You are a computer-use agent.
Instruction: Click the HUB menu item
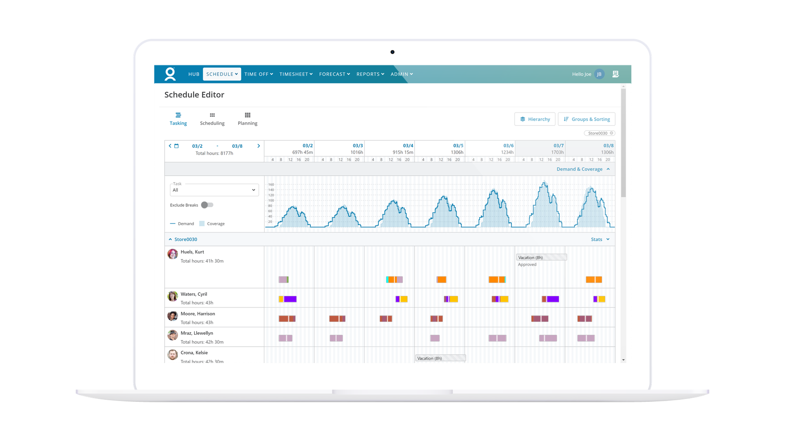(x=194, y=74)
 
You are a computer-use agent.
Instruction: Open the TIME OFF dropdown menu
(x=258, y=74)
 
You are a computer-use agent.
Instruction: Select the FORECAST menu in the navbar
(x=334, y=74)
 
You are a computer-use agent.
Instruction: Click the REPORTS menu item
(x=370, y=74)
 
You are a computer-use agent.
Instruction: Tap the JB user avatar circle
(x=599, y=74)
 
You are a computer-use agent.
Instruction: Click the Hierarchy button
(x=535, y=119)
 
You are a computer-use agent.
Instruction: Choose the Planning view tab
(x=247, y=119)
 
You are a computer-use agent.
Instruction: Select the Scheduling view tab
(x=212, y=119)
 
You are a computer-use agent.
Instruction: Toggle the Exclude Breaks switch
(x=207, y=205)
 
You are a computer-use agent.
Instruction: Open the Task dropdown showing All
(x=214, y=190)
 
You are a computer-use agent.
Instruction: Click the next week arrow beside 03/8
(x=258, y=146)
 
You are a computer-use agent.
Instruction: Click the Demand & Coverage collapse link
(x=583, y=169)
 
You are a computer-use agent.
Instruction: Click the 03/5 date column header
(x=458, y=146)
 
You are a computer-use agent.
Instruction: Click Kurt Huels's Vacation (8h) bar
(x=541, y=258)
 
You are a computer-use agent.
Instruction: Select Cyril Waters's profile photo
(x=173, y=296)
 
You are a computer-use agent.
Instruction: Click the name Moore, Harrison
(x=198, y=314)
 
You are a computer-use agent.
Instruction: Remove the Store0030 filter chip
(x=611, y=133)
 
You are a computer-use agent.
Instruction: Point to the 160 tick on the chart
(x=271, y=185)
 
